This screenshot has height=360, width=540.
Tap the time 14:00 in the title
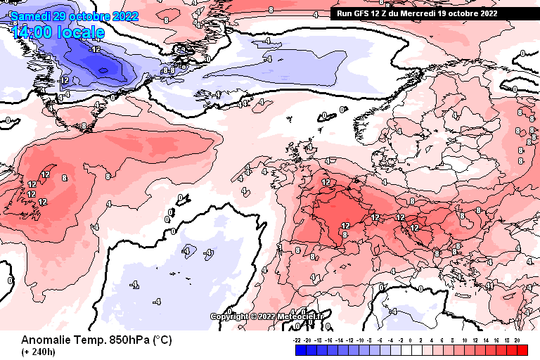click(x=31, y=32)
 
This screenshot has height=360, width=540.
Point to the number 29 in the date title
click(x=61, y=15)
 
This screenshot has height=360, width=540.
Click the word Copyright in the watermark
click(x=229, y=316)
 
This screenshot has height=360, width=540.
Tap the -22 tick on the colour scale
click(x=298, y=339)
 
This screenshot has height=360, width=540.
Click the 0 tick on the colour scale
click(x=410, y=339)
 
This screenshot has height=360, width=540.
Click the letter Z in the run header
click(x=391, y=13)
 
